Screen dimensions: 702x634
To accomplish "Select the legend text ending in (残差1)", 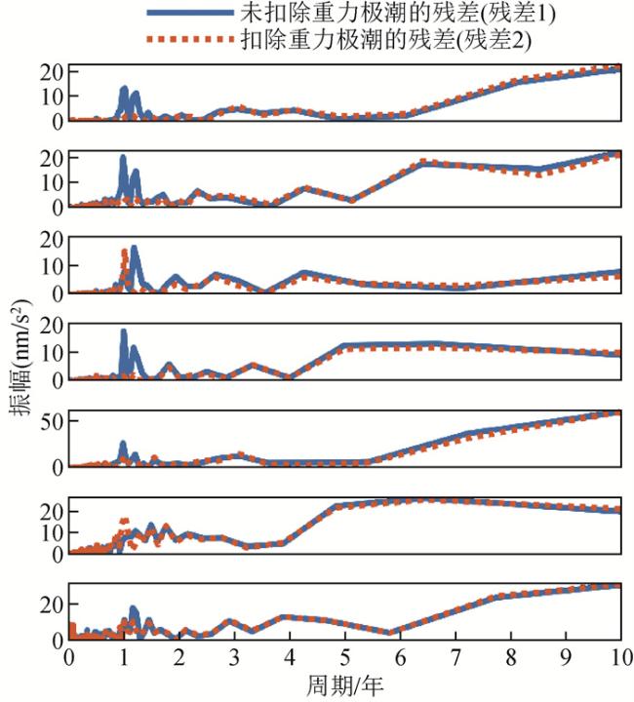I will point(390,14).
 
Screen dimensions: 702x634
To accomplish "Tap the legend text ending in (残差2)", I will point(390,42).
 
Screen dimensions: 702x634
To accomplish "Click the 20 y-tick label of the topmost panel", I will point(51,71).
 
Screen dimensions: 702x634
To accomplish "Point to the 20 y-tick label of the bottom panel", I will point(51,604).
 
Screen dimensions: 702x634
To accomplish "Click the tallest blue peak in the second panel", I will point(123,158).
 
